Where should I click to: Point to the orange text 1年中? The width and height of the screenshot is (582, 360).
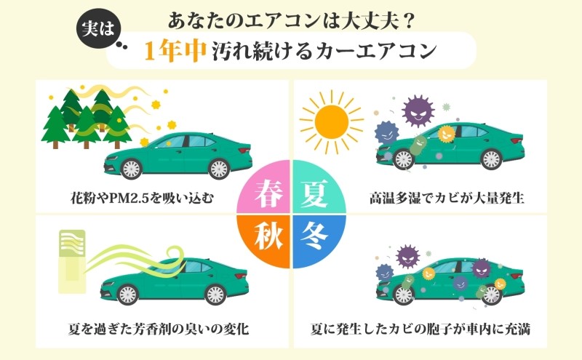[175, 51]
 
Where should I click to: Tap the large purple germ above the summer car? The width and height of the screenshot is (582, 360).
[418, 111]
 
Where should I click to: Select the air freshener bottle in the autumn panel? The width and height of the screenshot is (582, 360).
[72, 261]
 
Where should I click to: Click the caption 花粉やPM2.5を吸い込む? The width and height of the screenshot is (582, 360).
[143, 198]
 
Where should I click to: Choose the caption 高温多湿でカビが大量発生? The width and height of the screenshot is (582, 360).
[447, 198]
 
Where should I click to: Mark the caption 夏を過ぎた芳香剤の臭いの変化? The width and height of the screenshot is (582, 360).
[159, 329]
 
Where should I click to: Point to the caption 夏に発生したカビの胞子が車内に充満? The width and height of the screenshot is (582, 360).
[420, 329]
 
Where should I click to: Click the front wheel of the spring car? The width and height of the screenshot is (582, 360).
[131, 169]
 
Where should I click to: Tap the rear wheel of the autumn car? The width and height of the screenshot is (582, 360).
[215, 295]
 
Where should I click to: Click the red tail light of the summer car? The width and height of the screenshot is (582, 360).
[517, 141]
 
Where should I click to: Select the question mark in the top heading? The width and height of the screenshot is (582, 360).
[407, 21]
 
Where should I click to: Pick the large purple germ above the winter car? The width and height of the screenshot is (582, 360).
[408, 257]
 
